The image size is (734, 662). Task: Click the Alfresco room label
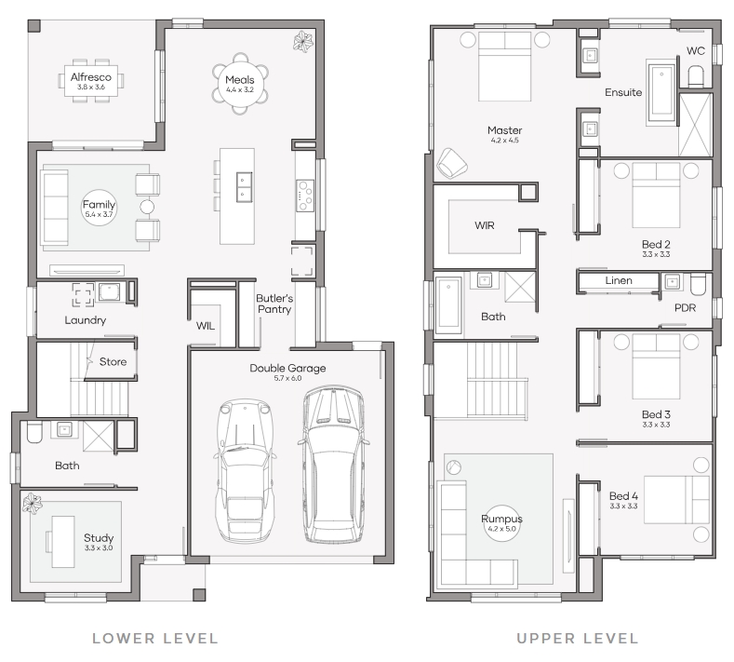[91, 77]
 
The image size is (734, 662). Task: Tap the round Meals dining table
[240, 84]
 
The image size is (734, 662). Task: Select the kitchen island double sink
[245, 187]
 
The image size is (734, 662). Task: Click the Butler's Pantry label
[274, 304]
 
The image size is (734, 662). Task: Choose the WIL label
[206, 326]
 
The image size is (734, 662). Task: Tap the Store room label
[113, 361]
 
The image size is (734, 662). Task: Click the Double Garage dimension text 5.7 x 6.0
[287, 378]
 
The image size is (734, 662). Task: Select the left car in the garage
[245, 471]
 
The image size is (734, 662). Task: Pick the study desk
[63, 542]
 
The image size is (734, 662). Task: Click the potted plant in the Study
[32, 503]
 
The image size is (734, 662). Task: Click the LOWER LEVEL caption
[155, 638]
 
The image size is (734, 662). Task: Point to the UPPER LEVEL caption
[577, 638]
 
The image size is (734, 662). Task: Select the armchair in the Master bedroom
[452, 163]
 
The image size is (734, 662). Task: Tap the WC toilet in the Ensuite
[696, 76]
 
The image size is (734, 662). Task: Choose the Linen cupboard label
[619, 280]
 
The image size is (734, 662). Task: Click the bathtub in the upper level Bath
[448, 303]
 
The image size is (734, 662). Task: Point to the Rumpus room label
[501, 519]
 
